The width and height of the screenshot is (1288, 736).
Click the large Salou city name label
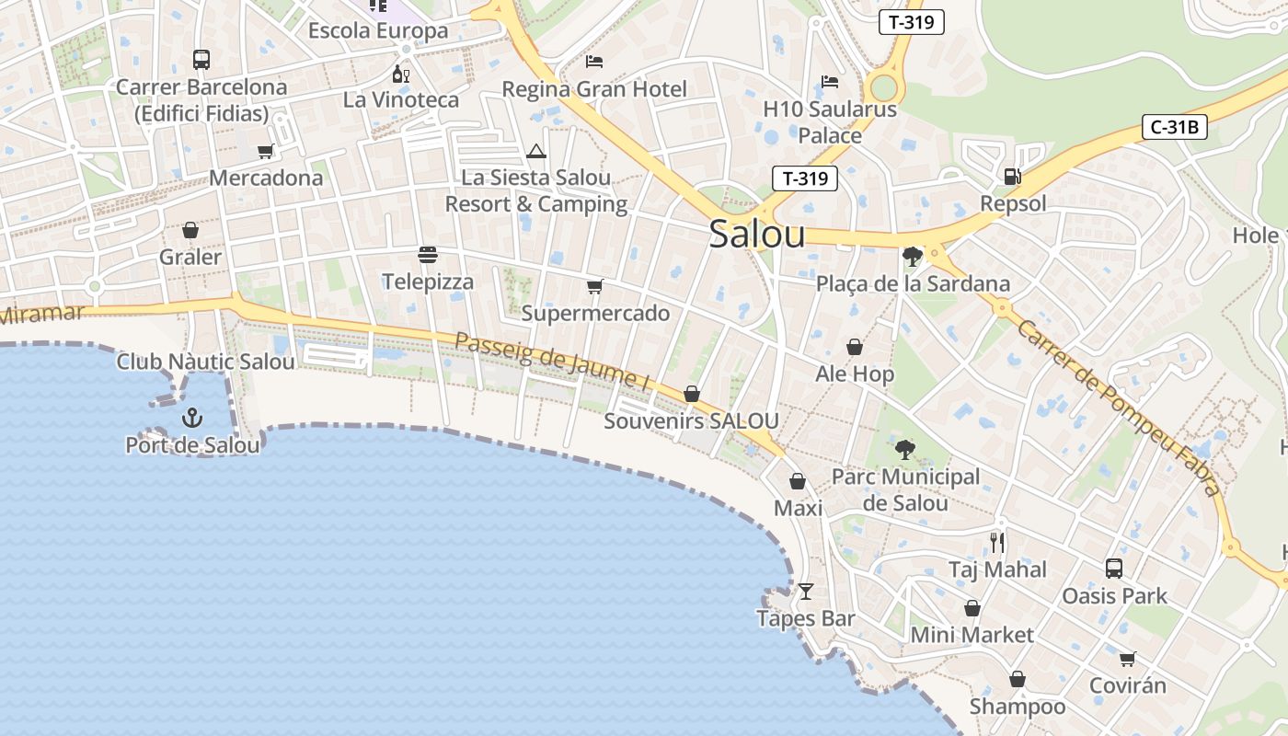tap(757, 235)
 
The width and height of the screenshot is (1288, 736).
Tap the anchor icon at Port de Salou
tap(191, 419)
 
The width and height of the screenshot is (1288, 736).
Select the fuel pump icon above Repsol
tap(1012, 176)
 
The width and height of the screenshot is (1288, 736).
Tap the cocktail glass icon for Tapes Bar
tap(806, 591)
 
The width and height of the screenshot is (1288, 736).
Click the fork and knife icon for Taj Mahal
tap(997, 542)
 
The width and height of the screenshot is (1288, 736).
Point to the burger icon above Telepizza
tap(427, 254)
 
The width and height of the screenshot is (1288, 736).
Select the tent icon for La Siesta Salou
tap(536, 151)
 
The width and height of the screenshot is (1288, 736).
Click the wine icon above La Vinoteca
tap(401, 74)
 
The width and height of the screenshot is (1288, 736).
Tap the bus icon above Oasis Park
tap(1114, 569)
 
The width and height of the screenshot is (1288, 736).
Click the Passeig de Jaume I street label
tap(552, 359)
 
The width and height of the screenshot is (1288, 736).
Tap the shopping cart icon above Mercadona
tap(266, 151)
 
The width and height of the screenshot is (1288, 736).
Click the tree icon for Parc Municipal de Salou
tap(905, 450)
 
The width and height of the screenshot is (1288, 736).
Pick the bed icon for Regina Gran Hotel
tap(594, 62)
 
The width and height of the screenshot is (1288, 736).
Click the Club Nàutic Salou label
tap(205, 362)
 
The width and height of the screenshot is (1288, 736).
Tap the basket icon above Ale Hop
tap(855, 347)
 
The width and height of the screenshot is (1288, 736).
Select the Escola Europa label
tap(377, 30)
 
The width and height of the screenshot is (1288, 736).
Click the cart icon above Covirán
tap(1127, 659)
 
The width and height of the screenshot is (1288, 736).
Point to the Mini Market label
tap(972, 635)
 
